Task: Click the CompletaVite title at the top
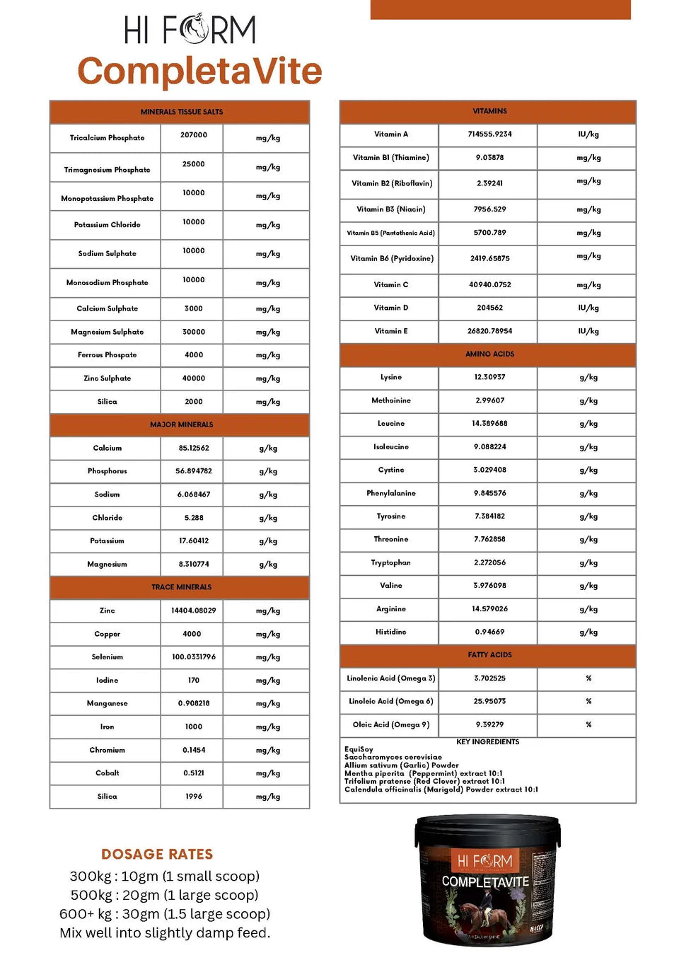(199, 71)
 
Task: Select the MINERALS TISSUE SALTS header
(181, 112)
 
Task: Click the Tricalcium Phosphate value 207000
(193, 134)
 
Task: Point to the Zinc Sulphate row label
(107, 378)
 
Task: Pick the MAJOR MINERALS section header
(181, 424)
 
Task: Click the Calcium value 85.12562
(194, 448)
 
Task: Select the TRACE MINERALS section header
(181, 587)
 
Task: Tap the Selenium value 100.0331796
(193, 657)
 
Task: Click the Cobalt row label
(107, 773)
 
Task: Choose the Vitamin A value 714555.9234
(489, 134)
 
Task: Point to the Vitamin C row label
(390, 284)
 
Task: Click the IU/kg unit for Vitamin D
(588, 308)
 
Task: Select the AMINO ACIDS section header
(489, 354)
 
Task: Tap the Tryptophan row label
(390, 562)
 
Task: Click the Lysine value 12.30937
(489, 377)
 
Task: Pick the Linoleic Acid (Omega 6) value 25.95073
(489, 701)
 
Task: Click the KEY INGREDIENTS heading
(487, 742)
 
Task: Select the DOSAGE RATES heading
(157, 854)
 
